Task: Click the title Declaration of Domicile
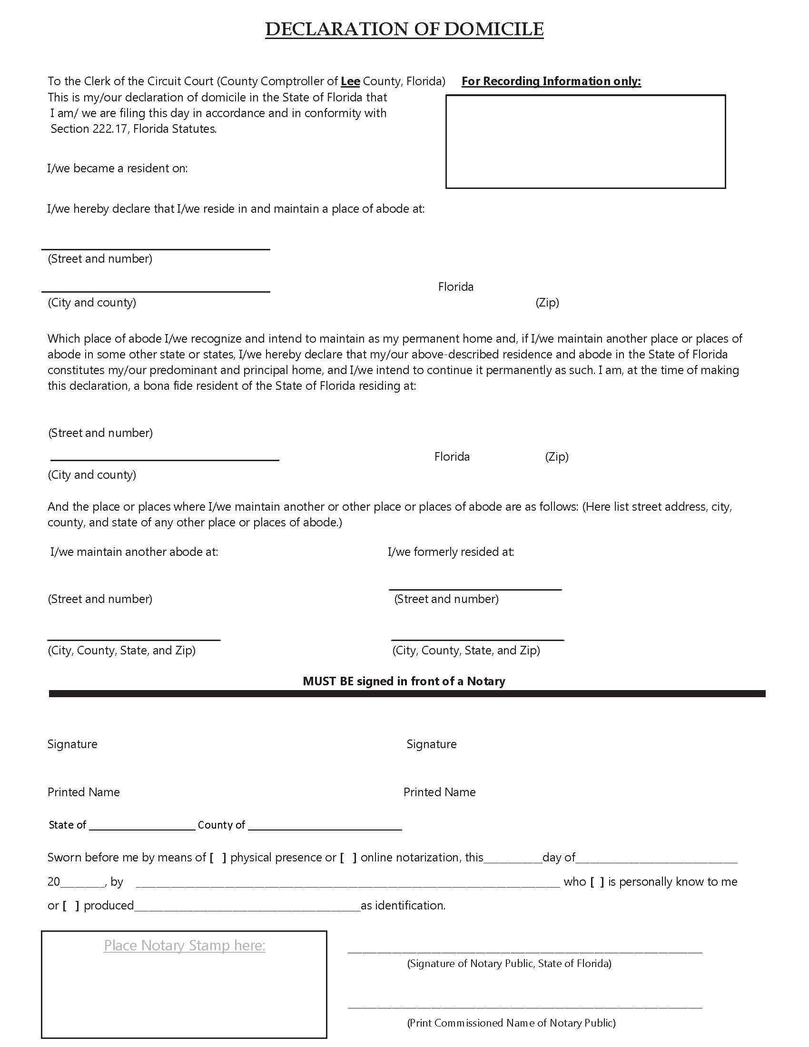coord(404,29)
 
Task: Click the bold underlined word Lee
coord(350,81)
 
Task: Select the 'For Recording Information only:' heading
coord(551,81)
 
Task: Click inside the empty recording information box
coord(585,141)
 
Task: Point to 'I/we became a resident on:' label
coord(118,168)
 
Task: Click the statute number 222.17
coord(110,129)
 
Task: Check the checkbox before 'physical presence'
coord(217,858)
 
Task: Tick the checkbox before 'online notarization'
coord(348,858)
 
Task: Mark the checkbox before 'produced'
coord(71,906)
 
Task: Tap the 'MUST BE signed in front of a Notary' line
coord(404,681)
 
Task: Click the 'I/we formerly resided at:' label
coord(451,552)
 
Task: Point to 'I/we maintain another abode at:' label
coord(134,552)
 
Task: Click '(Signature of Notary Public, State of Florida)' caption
coord(509,964)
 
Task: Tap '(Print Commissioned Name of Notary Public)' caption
coord(511,1023)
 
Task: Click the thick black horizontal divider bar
coord(407,694)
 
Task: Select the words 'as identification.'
coord(403,906)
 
